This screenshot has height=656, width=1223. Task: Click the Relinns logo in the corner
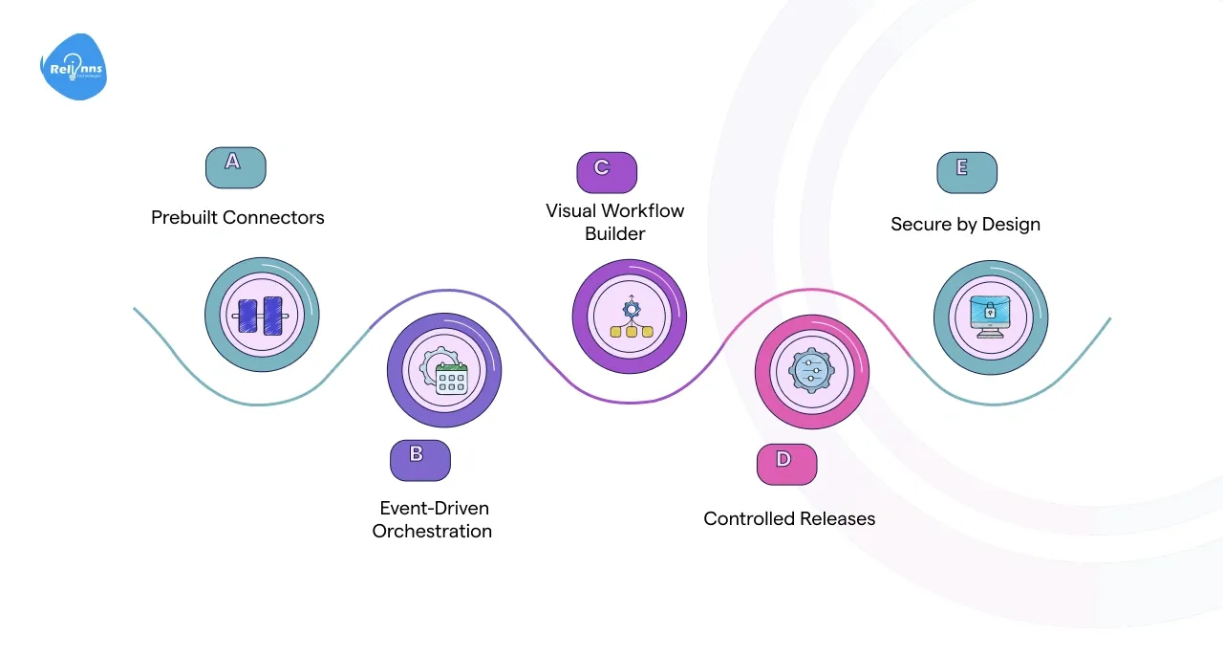point(74,67)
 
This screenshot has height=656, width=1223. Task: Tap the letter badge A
point(235,167)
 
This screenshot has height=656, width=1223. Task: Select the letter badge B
point(419,460)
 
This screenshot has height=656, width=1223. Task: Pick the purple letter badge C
point(606,172)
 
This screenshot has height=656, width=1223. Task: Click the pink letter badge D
point(786,464)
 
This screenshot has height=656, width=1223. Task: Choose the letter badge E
point(966,172)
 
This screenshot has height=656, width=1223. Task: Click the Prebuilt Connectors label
point(237,218)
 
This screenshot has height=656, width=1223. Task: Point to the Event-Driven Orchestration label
point(432,519)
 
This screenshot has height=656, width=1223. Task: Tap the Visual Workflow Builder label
point(614,222)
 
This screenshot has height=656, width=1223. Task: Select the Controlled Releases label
point(789,519)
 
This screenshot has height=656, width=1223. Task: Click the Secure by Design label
point(965,225)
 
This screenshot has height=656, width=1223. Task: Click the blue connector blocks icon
point(261,315)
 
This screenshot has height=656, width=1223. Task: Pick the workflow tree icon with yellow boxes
point(630,318)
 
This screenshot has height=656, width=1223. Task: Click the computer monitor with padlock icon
point(990,317)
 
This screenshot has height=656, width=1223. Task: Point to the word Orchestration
point(432,532)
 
